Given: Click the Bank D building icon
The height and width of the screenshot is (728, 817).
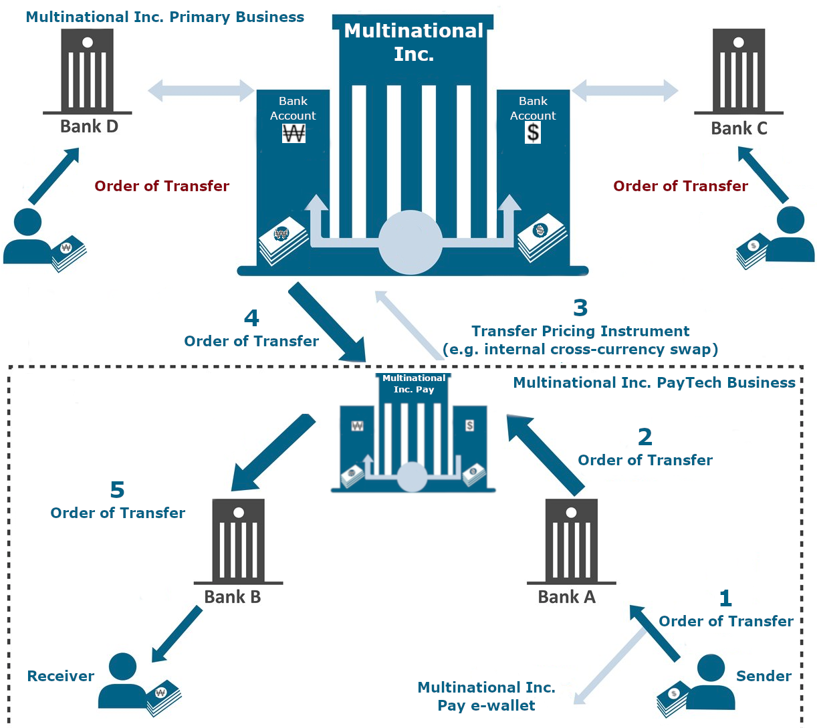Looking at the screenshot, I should (88, 71).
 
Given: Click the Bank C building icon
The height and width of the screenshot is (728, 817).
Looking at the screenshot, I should (738, 71).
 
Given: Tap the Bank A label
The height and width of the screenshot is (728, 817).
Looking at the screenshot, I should (566, 597).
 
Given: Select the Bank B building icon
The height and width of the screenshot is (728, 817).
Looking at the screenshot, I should (238, 541).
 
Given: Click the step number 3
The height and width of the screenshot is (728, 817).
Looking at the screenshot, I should (580, 308).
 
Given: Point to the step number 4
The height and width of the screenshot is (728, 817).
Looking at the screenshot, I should (251, 318).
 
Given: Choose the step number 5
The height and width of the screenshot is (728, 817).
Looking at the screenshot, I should (117, 490).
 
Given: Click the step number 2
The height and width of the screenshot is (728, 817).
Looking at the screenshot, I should (645, 437).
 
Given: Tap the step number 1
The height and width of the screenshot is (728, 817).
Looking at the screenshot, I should (725, 598).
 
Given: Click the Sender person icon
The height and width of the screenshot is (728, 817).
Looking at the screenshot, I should (710, 682).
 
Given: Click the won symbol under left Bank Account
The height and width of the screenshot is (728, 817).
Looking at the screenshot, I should (294, 134).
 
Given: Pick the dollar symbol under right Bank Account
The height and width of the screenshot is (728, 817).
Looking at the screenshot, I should (533, 133).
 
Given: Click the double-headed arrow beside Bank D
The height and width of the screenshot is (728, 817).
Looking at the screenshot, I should (201, 90).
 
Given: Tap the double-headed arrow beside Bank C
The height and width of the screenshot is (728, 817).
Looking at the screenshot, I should (625, 90).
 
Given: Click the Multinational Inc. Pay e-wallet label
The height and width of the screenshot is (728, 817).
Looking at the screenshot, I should (486, 697).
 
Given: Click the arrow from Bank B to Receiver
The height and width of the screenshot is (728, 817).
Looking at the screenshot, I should (177, 634).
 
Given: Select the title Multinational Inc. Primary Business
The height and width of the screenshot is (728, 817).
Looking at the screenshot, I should (164, 17).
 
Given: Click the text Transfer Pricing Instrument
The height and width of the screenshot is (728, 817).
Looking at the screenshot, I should (580, 332).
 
